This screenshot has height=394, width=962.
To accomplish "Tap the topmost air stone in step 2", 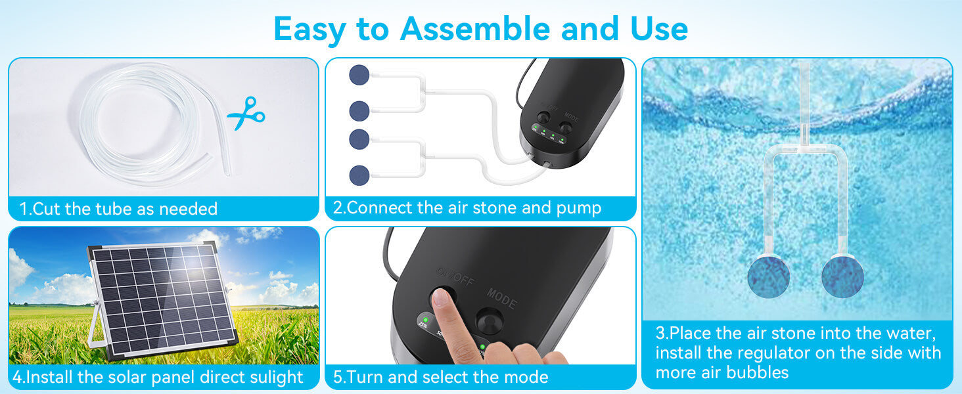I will tap(359, 74).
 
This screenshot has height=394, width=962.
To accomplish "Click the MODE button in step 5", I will tap(490, 322).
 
